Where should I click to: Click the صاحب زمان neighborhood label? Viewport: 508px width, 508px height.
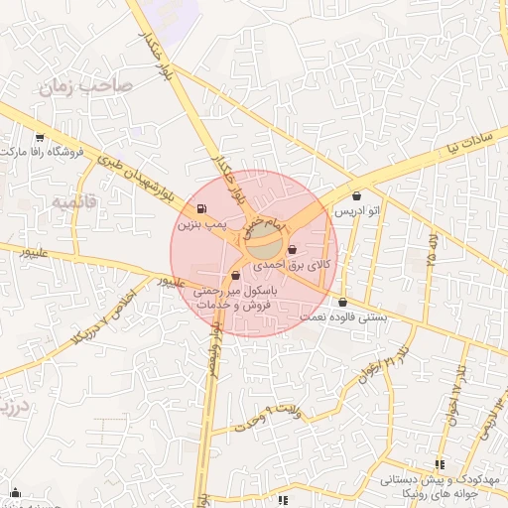coord(85,86)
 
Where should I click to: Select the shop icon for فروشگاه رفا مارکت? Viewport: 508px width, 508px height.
coord(39,137)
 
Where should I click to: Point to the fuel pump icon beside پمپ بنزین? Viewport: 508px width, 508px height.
coord(203,209)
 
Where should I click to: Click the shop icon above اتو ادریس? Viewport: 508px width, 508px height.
coord(357,195)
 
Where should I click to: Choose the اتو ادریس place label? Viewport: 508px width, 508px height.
coord(357,212)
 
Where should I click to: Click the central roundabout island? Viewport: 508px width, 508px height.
coord(263,238)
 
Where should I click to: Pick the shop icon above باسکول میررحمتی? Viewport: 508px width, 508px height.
coord(235,275)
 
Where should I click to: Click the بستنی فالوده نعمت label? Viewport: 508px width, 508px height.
coord(342,317)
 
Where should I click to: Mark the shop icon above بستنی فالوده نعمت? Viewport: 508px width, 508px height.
coord(342,302)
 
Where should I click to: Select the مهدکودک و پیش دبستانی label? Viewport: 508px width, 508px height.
coord(426,479)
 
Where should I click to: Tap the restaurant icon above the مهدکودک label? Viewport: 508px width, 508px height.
coord(440,463)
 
